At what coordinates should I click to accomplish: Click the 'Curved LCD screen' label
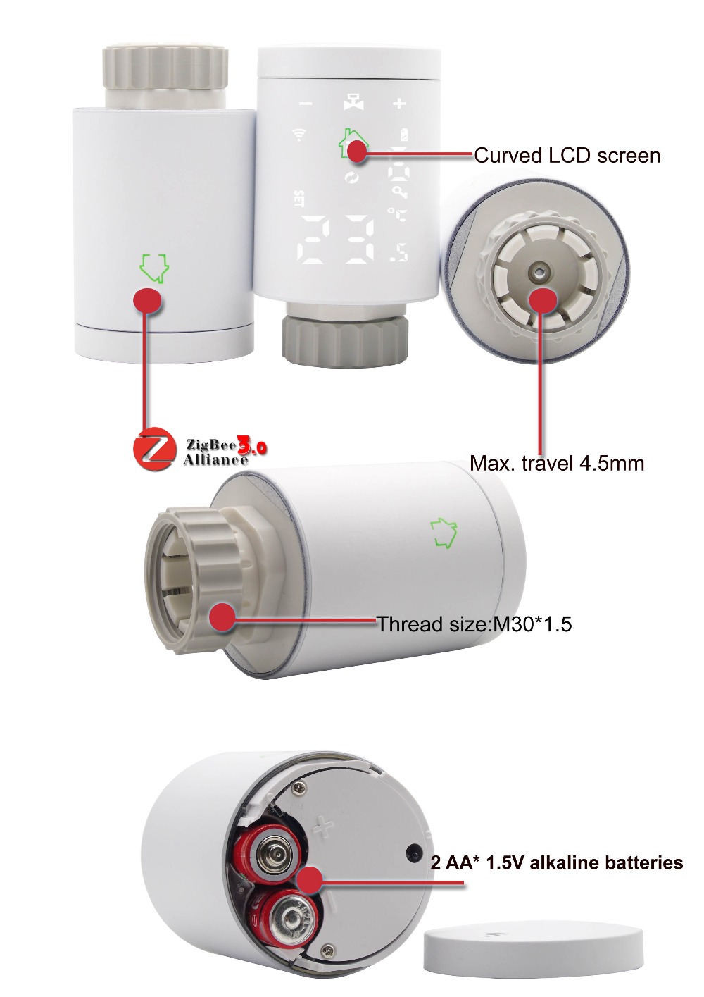pyautogui.click(x=567, y=156)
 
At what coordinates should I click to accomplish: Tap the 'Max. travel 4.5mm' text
pyautogui.click(x=557, y=464)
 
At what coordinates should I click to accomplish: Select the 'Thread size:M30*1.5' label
pyautogui.click(x=474, y=624)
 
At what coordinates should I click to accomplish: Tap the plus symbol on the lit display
pyautogui.click(x=399, y=104)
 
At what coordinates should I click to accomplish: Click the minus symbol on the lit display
pyautogui.click(x=306, y=104)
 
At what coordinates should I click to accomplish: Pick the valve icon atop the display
pyautogui.click(x=353, y=101)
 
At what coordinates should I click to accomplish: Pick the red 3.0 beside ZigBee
pyautogui.click(x=253, y=445)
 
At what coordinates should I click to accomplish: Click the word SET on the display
pyautogui.click(x=298, y=199)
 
